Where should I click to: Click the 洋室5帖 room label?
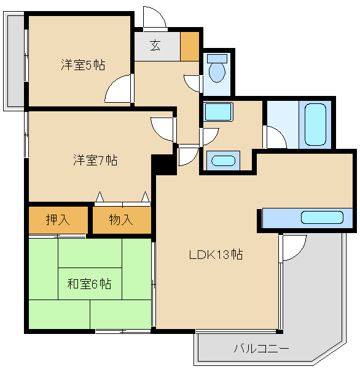pos(81,65)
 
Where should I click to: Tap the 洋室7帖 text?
pos(95,161)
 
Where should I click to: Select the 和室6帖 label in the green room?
pos(88,284)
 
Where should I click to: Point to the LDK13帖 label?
pos(215,254)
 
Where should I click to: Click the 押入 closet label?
pos(58,220)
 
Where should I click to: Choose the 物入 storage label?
pos(121,220)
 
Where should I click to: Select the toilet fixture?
pos(216,69)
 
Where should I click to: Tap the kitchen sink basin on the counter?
pos(322,218)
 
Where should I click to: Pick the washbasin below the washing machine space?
pos(221,161)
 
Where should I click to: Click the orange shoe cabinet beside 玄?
pos(190,46)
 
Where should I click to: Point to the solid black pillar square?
pos(163,164)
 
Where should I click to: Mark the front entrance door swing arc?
pos(154,17)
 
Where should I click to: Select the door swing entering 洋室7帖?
pos(163,128)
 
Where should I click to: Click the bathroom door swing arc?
pos(276,138)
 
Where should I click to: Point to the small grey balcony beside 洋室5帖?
pos(14,61)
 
